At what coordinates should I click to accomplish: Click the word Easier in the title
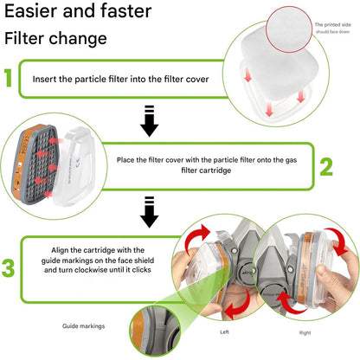31,11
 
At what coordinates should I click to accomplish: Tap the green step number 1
8,78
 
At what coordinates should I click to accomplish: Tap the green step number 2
326,167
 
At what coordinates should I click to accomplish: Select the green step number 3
8,268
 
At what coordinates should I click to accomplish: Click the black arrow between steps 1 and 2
149,121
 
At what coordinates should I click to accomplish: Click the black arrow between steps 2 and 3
149,212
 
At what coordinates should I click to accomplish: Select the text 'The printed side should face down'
332,28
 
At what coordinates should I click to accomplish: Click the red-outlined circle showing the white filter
289,29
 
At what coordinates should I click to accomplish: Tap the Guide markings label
84,326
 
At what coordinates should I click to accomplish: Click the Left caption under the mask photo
224,332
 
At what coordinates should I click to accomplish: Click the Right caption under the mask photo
305,332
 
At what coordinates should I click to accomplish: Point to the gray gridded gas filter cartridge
35,164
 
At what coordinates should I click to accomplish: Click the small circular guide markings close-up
155,331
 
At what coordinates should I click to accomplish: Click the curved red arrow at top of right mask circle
337,241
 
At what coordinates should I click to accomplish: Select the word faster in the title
125,11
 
